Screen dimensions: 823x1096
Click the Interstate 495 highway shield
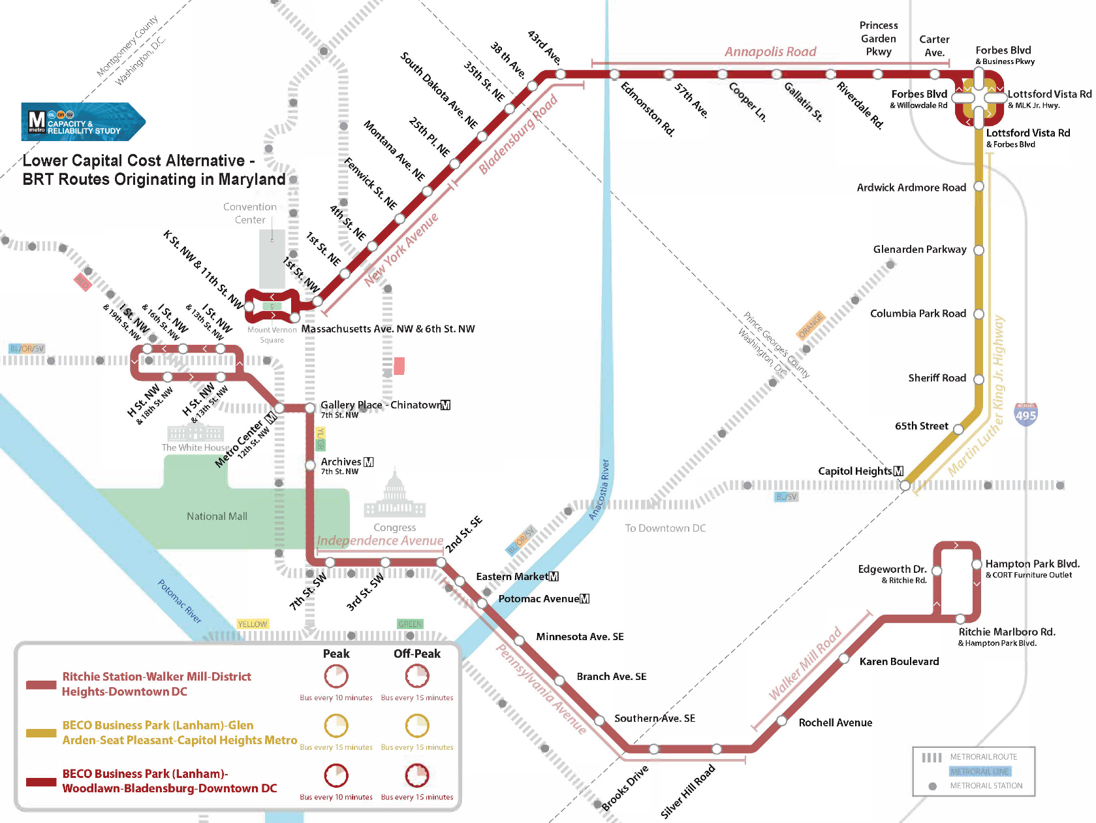tap(1026, 415)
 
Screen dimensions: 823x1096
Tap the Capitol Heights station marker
tap(905, 485)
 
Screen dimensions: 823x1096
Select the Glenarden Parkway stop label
tap(920, 250)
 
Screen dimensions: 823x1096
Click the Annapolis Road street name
tap(770, 52)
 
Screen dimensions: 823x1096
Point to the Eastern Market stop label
tap(517, 577)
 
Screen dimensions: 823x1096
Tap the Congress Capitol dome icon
tap(395, 496)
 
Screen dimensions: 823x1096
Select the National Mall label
tap(217, 516)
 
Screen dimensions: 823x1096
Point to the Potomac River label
tap(180, 601)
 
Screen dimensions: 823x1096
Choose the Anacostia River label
tap(599, 490)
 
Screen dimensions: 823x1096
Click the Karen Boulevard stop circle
tap(844, 659)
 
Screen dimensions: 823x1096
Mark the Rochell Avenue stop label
tap(836, 722)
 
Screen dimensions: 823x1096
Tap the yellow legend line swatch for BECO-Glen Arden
tap(41, 733)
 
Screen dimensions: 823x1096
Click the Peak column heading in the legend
tap(336, 654)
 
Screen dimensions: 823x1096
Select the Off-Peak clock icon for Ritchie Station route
tap(417, 676)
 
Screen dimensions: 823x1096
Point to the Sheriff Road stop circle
tap(979, 379)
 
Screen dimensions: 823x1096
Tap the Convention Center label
tap(250, 214)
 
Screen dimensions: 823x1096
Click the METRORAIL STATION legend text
tap(986, 786)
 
